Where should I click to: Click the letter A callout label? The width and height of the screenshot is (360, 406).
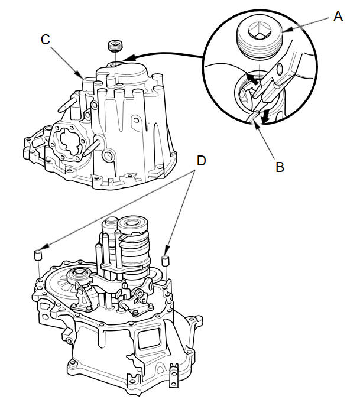(338, 16)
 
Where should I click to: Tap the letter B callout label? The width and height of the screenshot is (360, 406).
(280, 167)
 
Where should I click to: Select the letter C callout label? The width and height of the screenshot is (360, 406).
(46, 39)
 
